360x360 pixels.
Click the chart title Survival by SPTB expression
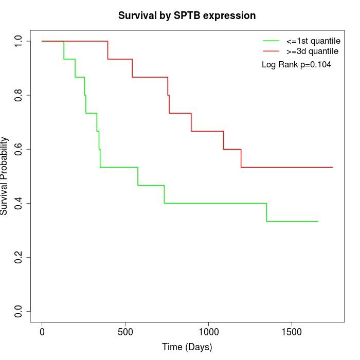coord(187,15)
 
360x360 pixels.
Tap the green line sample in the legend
coord(271,41)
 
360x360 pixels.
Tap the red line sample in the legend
coord(271,51)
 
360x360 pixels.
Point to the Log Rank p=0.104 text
coord(296,64)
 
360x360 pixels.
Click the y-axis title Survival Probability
coord(5,176)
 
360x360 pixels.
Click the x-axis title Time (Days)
coord(187,347)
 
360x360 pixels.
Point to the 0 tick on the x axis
coord(42,332)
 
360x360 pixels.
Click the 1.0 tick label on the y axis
coord(19,41)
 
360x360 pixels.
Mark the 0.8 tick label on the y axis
coord(19,95)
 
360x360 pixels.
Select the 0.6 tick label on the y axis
coord(19,149)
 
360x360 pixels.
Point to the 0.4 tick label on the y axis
coord(19,203)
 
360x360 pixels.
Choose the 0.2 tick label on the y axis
coord(19,257)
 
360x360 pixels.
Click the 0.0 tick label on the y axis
coord(19,311)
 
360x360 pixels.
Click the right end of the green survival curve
coord(318,221)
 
